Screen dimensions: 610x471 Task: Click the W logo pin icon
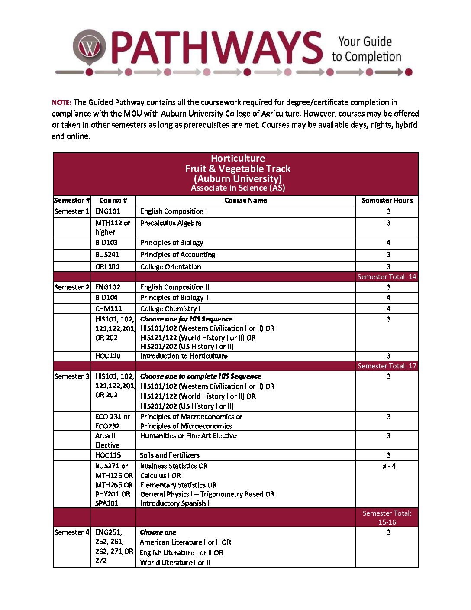[x=89, y=47]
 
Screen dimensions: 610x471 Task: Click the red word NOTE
[x=61, y=103]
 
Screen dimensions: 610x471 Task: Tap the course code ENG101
[x=108, y=211]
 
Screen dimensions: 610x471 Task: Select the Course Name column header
[x=245, y=201]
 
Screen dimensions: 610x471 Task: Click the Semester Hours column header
[x=387, y=201]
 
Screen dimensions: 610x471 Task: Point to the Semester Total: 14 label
[x=387, y=277]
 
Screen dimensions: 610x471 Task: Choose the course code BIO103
[x=106, y=243]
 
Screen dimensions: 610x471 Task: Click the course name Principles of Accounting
[x=177, y=255]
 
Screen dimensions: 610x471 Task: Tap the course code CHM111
[x=109, y=309]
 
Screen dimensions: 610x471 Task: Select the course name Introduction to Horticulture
[x=184, y=356]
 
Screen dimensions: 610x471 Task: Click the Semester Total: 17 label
[x=387, y=366]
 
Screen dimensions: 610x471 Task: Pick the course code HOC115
[x=108, y=455]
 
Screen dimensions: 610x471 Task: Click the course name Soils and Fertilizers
[x=170, y=455]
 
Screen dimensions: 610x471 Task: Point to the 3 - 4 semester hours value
[x=389, y=466]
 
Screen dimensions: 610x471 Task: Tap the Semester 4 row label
[x=72, y=532]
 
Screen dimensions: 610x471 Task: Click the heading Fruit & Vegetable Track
[x=238, y=169]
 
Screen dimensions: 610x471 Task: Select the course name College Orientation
[x=171, y=267]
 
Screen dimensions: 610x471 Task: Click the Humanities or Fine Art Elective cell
[x=188, y=436]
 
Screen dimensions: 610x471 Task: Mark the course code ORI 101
[x=107, y=267]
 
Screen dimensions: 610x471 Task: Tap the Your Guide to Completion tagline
[x=366, y=49]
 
